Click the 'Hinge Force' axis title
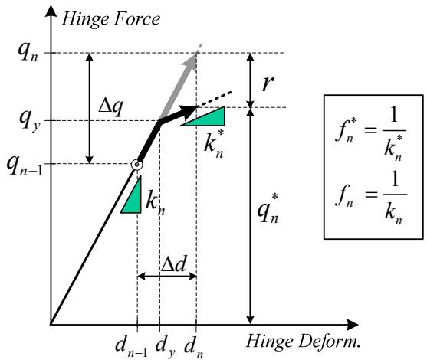111,19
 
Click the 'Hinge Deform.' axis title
303,341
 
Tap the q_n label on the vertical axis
28,53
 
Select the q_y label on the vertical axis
30,120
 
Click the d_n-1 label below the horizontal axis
131,346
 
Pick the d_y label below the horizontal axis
165,347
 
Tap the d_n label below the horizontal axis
194,347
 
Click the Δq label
110,106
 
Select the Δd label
174,264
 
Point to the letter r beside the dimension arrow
268,83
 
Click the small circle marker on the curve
136,165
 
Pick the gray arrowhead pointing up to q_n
190,62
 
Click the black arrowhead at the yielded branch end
188,111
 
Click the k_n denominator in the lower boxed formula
393,214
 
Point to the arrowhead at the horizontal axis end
353,325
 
